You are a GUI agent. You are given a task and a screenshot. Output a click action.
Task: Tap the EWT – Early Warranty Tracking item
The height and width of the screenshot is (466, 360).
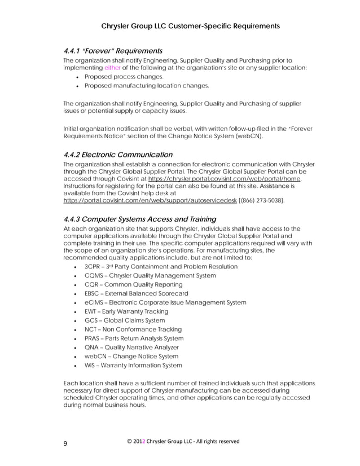coord(126,311)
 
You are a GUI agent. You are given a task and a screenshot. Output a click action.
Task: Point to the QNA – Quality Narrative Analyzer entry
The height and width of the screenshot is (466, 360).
coord(131,348)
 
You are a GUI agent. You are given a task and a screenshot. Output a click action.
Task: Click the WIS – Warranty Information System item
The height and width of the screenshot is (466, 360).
coord(133,366)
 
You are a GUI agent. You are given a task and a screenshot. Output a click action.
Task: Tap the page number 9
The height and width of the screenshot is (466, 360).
coord(65,443)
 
